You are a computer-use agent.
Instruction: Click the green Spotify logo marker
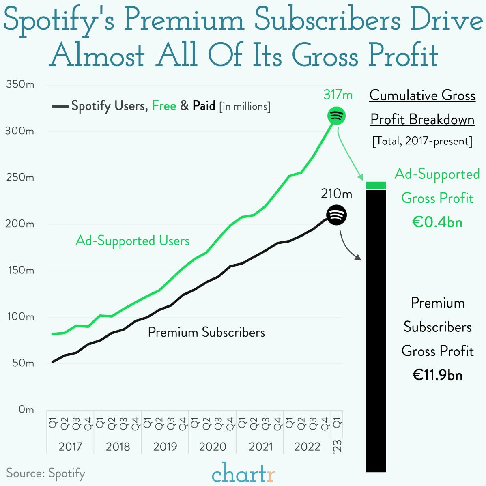(x=336, y=116)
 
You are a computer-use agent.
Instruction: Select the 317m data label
(x=338, y=95)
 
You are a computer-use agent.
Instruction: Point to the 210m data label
(x=336, y=194)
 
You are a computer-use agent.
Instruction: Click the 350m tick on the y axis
(x=20, y=85)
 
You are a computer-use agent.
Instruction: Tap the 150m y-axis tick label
(x=20, y=271)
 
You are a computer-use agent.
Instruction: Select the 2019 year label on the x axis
(x=165, y=447)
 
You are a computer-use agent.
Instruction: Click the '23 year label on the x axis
(x=338, y=445)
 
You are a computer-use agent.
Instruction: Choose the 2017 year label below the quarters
(x=70, y=447)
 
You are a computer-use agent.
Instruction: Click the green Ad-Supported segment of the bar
(x=376, y=185)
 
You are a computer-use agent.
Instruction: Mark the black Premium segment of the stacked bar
(x=376, y=331)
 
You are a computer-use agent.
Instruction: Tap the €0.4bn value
(x=437, y=222)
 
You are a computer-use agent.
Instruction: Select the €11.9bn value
(x=437, y=375)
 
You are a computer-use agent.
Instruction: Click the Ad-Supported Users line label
(x=133, y=241)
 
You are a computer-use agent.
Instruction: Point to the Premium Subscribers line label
(x=206, y=332)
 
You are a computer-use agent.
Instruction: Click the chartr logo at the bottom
(x=243, y=473)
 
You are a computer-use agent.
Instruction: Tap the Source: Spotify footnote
(x=45, y=473)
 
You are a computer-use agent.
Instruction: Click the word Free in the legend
(x=164, y=106)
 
